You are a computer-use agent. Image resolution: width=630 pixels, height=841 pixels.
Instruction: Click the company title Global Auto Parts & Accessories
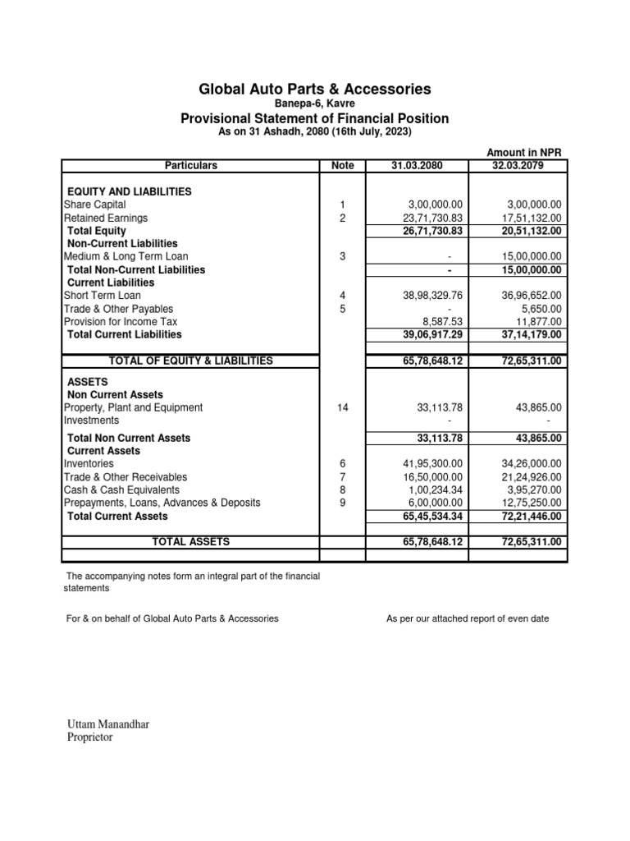pos(315,89)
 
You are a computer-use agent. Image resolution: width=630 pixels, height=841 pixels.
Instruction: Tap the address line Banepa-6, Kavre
pos(315,104)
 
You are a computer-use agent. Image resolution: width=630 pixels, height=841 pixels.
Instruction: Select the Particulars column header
pos(190,165)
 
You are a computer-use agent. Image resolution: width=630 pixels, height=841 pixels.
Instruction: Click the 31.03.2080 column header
pos(417,165)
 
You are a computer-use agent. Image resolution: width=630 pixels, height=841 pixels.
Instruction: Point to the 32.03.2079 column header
pos(518,165)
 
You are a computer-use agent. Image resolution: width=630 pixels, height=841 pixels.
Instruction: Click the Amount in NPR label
pos(523,153)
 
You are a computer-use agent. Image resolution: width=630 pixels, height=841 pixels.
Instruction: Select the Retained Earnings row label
pos(106,218)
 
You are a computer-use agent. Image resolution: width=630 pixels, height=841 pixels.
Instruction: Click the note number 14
pos(342,407)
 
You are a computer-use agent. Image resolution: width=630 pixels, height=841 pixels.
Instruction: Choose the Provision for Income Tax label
pos(120,321)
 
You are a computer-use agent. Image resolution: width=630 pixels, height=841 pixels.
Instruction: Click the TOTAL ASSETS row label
pos(190,541)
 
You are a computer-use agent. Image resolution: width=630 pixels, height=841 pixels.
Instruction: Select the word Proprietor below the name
pos(89,738)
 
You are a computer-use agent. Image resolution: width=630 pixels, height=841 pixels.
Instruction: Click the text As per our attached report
pos(468,618)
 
